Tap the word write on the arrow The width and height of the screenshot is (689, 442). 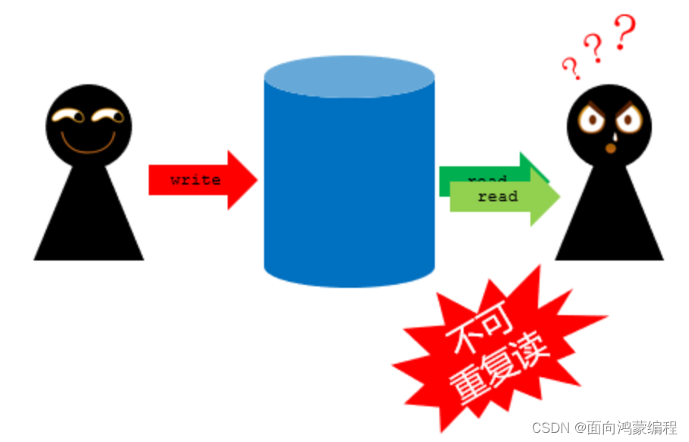click(195, 180)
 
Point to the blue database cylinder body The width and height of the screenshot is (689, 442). click(349, 190)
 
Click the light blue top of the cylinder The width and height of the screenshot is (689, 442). click(349, 77)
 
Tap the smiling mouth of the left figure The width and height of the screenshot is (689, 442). click(88, 144)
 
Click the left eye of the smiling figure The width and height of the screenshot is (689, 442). click(68, 116)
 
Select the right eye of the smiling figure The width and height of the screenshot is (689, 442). click(109, 116)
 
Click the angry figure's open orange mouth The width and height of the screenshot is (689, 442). click(611, 148)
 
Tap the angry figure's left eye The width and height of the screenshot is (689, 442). click(592, 120)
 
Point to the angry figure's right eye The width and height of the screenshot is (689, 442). click(629, 120)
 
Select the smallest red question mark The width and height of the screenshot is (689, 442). click(571, 68)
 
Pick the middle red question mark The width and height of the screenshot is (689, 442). click(595, 49)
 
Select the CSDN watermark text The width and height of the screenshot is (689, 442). click(604, 428)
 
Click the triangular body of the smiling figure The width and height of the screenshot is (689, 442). click(88, 220)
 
